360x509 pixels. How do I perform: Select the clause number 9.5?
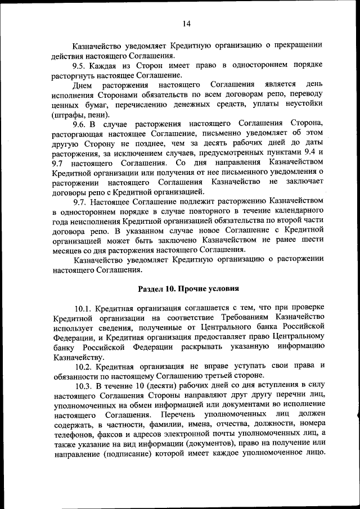pos(82,65)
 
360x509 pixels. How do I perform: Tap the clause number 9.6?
pos(82,123)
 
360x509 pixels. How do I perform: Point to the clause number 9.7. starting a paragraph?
pos(82,201)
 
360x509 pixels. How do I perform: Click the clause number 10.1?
pos(84,308)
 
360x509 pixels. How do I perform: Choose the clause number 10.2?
pos(84,366)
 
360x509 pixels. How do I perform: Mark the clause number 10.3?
pos(84,385)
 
